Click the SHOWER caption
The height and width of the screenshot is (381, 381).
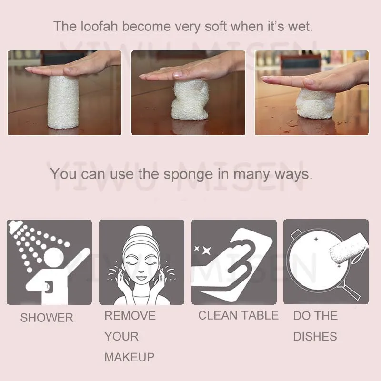[x=47, y=318]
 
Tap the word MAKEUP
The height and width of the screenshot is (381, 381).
[x=129, y=357]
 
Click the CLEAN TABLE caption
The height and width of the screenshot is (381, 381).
[x=238, y=315]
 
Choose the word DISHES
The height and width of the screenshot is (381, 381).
[x=315, y=336]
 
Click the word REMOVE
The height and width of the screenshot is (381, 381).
[x=130, y=315]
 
